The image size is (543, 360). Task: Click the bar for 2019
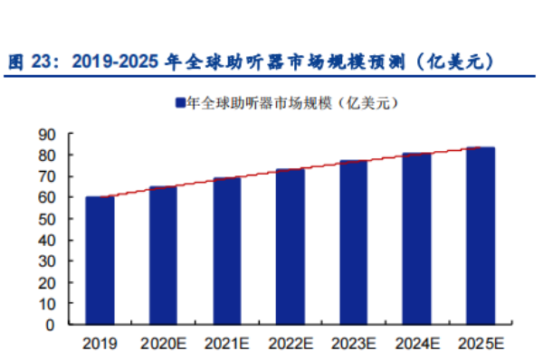pyautogui.click(x=100, y=261)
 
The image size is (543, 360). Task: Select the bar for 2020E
pyautogui.click(x=163, y=255)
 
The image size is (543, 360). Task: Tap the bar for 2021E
pyautogui.click(x=226, y=251)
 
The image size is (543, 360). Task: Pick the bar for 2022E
pyautogui.click(x=290, y=246)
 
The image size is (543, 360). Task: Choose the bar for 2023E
pyautogui.click(x=354, y=242)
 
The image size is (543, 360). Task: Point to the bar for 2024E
pyautogui.click(x=417, y=239)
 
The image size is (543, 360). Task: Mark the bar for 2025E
pyautogui.click(x=481, y=235)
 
